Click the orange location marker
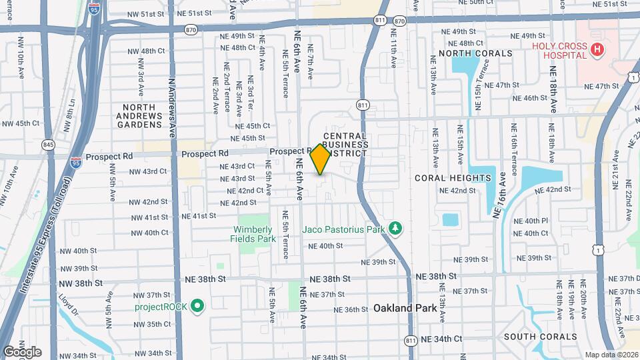(321, 159)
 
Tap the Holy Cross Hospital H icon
(597, 49)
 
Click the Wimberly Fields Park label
(253, 233)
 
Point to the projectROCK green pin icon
(197, 307)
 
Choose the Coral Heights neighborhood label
(453, 178)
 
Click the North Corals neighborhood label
(475, 53)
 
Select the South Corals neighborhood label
(540, 337)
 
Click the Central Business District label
(345, 145)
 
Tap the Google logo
(22, 351)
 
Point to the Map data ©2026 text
(611, 355)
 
